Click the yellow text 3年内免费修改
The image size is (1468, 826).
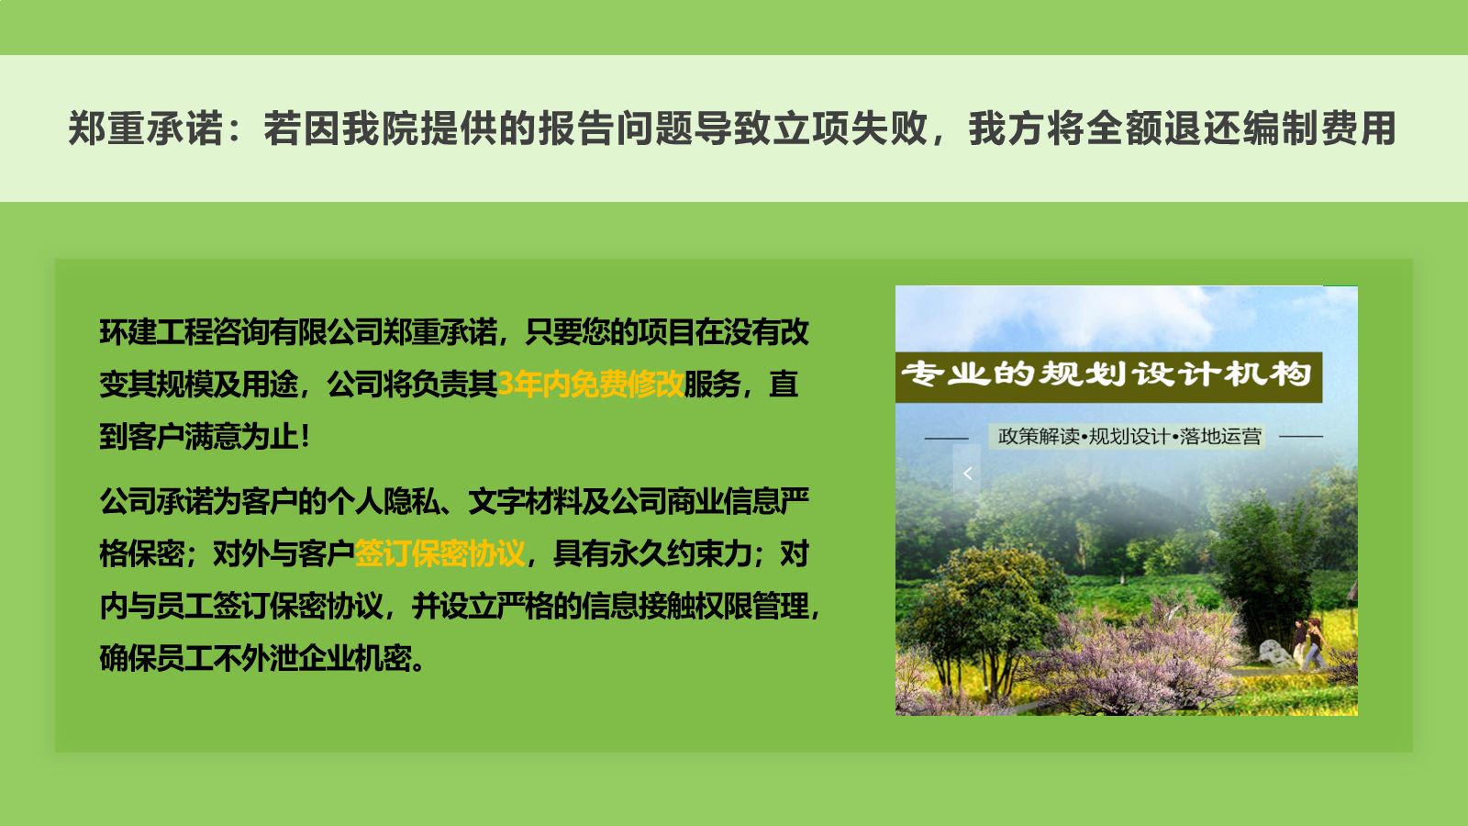click(591, 385)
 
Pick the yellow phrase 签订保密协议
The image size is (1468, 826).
click(439, 554)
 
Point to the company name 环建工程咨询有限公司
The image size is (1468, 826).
click(241, 331)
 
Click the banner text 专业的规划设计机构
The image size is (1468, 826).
click(1107, 375)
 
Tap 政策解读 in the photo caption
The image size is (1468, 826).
click(1038, 437)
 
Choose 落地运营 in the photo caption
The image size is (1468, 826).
click(1220, 437)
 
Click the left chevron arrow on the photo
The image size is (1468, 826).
click(967, 474)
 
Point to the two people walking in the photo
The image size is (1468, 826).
click(1308, 644)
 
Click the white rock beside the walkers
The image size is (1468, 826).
click(1273, 653)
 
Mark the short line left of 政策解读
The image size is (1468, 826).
click(946, 437)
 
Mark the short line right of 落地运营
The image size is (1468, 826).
click(1301, 436)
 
